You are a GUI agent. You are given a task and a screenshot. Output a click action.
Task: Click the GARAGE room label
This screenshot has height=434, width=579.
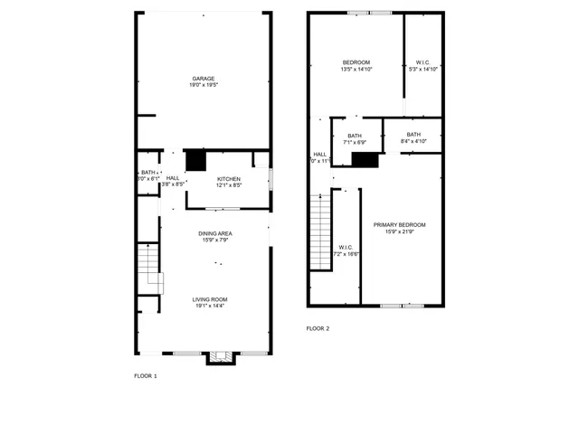click(x=203, y=79)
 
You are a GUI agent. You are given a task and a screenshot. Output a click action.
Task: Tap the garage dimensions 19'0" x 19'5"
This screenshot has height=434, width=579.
click(x=203, y=85)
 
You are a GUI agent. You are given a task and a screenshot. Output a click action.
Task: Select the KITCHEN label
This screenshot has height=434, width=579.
click(x=229, y=179)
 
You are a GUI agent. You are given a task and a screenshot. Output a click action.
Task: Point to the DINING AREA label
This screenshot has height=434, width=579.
click(x=215, y=233)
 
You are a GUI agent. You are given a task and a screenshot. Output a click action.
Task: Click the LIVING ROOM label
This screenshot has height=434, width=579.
click(x=209, y=299)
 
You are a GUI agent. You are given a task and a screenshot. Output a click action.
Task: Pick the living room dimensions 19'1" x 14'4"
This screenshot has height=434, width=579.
click(x=209, y=306)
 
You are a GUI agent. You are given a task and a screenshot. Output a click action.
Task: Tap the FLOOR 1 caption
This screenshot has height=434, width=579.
click(x=146, y=375)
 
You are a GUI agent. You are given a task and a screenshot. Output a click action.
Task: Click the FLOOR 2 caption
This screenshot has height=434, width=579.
click(x=318, y=328)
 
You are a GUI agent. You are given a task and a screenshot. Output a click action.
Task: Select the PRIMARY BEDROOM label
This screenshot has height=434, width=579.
click(x=399, y=224)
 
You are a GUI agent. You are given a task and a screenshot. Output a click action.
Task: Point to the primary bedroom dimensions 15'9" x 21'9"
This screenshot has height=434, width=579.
click(x=399, y=231)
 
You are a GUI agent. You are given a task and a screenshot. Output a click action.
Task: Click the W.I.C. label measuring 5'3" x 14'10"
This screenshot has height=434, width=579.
click(x=423, y=62)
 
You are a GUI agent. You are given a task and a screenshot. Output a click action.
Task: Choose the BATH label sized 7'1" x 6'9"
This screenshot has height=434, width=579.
click(x=354, y=136)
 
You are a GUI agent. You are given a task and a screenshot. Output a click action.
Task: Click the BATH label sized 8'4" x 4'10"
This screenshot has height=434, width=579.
click(x=413, y=135)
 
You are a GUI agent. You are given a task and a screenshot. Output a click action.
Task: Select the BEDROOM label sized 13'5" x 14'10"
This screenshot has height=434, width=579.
click(x=356, y=62)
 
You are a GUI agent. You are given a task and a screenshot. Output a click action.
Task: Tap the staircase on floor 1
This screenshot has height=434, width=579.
click(x=149, y=268)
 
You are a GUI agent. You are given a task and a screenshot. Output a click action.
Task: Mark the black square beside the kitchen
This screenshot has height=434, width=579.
click(x=196, y=160)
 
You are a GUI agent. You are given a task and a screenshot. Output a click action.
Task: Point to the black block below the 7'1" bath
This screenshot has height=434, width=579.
click(x=364, y=160)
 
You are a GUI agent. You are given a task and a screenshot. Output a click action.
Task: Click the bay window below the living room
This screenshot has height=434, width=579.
click(x=220, y=358)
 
